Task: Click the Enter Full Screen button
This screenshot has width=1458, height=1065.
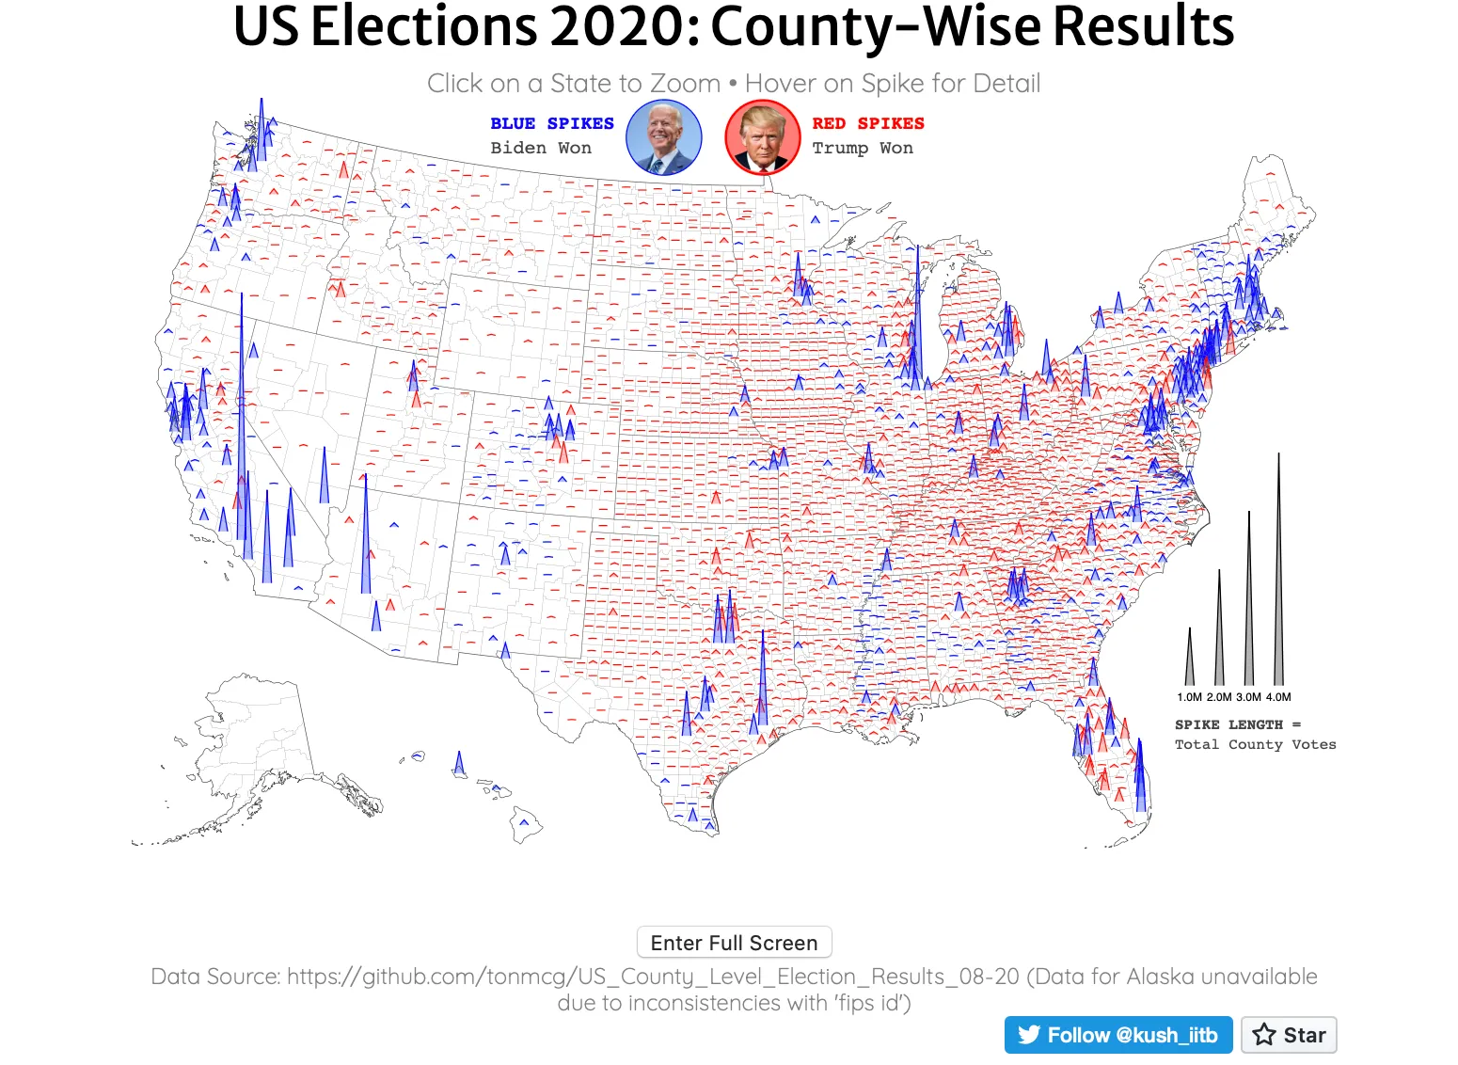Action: click(734, 943)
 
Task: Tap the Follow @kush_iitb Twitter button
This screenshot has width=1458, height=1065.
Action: click(1117, 1035)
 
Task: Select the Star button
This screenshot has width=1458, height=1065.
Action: click(1289, 1035)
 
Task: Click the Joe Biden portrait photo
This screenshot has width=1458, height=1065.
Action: click(664, 138)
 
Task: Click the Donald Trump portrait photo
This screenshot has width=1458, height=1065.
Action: click(762, 138)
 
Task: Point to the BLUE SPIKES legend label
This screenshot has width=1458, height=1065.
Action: click(551, 123)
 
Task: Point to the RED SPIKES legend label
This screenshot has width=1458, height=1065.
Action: click(867, 123)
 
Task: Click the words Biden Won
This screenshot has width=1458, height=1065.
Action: click(541, 148)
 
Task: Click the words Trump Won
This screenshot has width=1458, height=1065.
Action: click(862, 148)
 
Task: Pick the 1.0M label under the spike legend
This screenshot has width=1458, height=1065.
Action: click(1189, 697)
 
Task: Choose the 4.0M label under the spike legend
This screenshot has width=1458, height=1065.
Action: click(1278, 697)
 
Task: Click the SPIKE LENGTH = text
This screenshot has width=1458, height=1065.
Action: click(1237, 724)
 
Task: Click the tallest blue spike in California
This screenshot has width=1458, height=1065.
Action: click(242, 423)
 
